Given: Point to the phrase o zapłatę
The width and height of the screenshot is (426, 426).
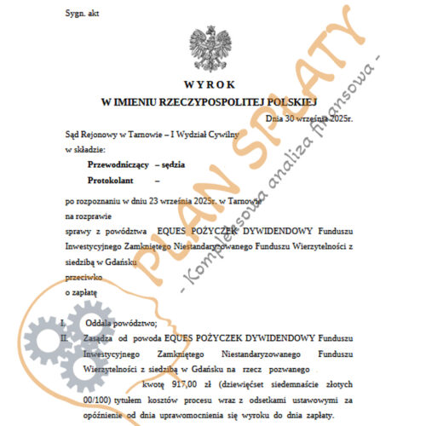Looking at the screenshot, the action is pos(81,292).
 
